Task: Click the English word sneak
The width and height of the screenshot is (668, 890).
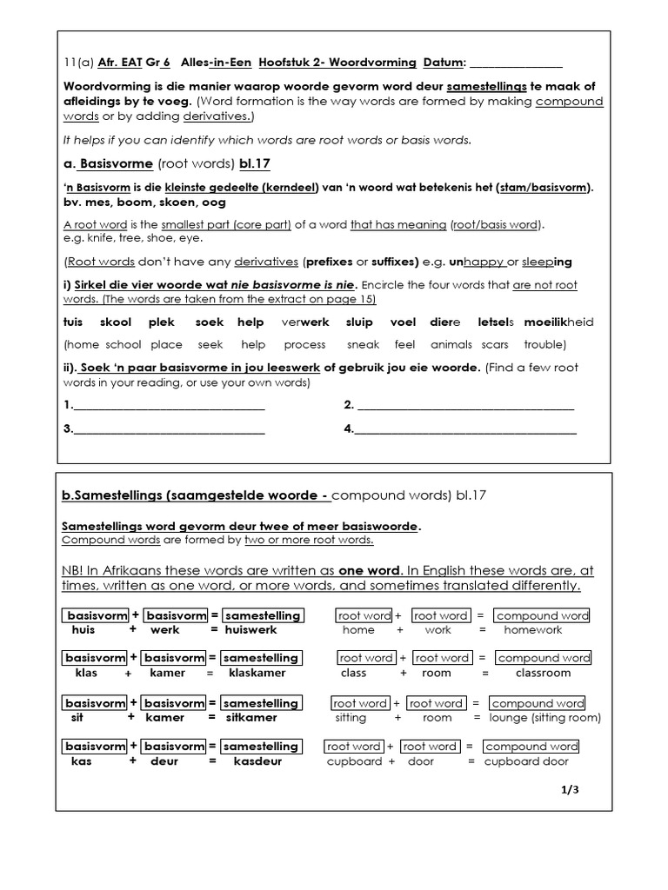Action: coord(363,344)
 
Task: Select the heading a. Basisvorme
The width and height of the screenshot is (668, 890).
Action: coord(109,163)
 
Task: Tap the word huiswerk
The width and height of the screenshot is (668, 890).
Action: coord(250,630)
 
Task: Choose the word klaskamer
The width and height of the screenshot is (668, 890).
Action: coord(257,673)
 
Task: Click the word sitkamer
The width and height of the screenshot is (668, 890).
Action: coord(250,718)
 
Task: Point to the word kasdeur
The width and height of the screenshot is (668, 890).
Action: coord(255,761)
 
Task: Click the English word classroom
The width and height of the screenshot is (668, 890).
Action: coord(543,673)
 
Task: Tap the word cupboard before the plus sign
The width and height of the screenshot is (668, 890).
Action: coord(354,761)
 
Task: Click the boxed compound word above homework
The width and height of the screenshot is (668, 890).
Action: coord(542,615)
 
